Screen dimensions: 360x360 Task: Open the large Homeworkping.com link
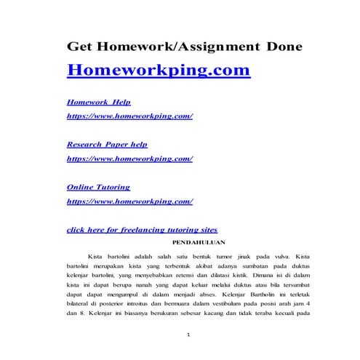point(159,71)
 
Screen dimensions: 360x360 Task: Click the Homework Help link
point(99,103)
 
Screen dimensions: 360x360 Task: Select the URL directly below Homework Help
point(129,116)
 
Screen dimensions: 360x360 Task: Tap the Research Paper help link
point(107,144)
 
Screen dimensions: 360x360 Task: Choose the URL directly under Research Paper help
point(129,158)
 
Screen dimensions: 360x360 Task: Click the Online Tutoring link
point(98,186)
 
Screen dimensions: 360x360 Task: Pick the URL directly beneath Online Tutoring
point(129,200)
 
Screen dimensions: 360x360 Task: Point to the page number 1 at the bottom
point(188,335)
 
